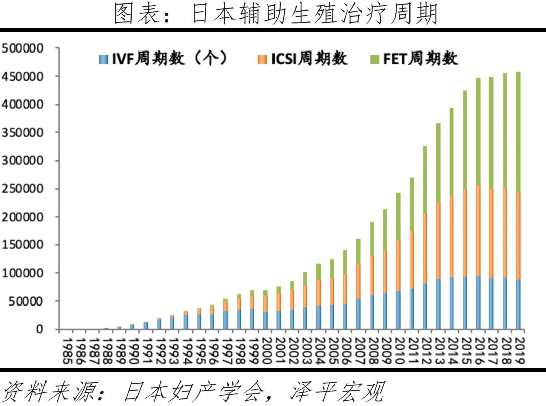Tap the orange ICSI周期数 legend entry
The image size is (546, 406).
pos(303,59)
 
